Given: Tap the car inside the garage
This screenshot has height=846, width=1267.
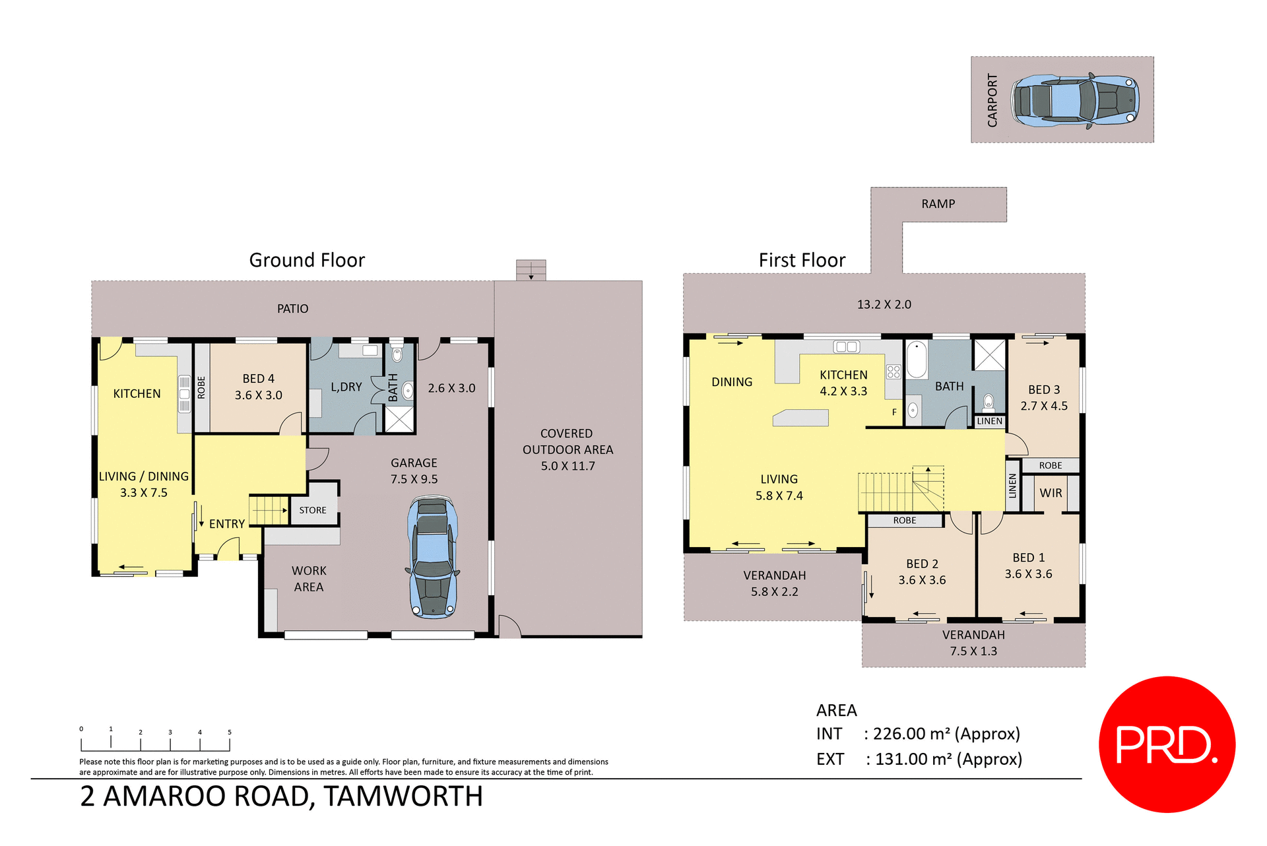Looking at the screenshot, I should tap(433, 558).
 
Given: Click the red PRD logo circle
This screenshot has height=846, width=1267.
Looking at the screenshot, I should tap(1166, 744).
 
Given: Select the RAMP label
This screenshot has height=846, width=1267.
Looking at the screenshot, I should tap(938, 204).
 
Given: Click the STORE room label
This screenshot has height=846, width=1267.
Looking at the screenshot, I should tap(313, 510).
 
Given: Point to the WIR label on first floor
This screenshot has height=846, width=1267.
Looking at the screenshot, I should tap(1051, 493).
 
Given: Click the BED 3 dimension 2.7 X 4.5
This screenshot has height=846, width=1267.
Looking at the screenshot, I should tap(1043, 406).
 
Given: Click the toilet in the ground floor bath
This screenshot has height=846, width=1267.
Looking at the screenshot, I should tap(397, 354).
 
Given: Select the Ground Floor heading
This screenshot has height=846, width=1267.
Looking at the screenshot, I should tap(307, 260).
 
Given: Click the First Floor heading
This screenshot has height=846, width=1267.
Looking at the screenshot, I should tap(802, 260).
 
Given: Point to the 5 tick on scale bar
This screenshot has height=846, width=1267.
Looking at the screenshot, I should tap(230, 732).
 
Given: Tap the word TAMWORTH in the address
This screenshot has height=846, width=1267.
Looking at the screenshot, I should tap(403, 797).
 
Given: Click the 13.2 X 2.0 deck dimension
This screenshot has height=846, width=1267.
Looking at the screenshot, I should tap(884, 304).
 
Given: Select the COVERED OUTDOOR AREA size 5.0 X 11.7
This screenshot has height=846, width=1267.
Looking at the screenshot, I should tap(568, 466).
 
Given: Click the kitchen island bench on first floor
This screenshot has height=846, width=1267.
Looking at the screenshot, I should tap(800, 418).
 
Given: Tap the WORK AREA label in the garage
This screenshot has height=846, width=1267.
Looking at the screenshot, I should tap(309, 579).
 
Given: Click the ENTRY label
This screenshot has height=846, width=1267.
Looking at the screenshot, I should tap(227, 524).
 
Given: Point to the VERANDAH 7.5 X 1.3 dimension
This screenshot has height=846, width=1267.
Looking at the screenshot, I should tap(973, 651).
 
